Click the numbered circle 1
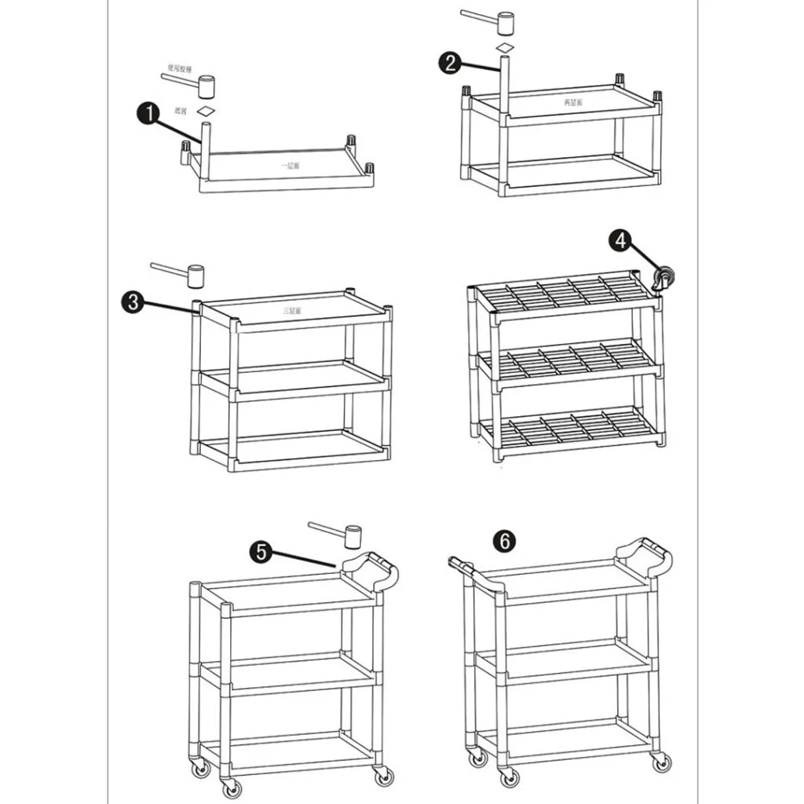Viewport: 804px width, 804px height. pyautogui.click(x=148, y=114)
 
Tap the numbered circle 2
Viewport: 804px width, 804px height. pyautogui.click(x=451, y=64)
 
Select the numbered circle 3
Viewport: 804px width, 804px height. pyautogui.click(x=133, y=301)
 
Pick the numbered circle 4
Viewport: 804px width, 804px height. pyautogui.click(x=620, y=241)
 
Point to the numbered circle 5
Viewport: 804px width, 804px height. pyautogui.click(x=261, y=552)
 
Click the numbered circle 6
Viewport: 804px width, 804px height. pyautogui.click(x=504, y=540)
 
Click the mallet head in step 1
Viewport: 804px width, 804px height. pyautogui.click(x=206, y=86)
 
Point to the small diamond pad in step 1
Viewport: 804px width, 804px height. pyautogui.click(x=206, y=111)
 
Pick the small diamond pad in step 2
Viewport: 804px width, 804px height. pyautogui.click(x=505, y=48)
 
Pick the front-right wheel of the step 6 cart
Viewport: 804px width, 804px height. pyautogui.click(x=661, y=762)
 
